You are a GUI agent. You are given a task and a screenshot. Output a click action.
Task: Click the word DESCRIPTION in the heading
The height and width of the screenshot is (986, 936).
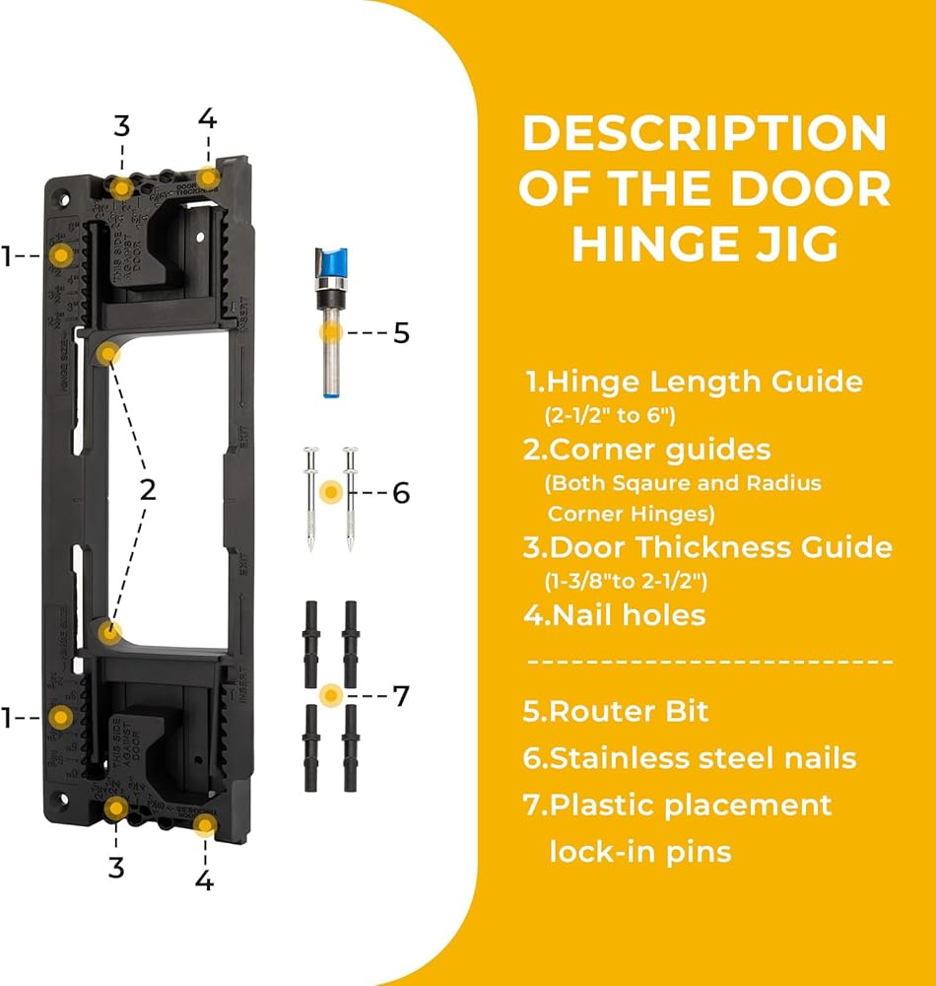pos(703,134)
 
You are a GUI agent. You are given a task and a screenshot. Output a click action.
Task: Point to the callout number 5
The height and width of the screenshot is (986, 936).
pos(401,333)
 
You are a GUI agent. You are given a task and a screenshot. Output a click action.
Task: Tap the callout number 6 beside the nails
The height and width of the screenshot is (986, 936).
pos(401,492)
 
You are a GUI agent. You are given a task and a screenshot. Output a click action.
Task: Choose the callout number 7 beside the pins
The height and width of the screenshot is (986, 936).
pos(401,696)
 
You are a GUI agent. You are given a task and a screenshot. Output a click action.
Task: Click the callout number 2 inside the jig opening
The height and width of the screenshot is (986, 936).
pos(147,490)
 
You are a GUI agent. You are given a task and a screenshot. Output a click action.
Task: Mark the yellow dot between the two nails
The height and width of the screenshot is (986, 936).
pos(332,490)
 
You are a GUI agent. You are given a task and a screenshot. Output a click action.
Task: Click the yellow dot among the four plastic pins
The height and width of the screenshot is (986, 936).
pos(331,695)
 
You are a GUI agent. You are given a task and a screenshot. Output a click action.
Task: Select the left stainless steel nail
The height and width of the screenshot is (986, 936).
pos(311,498)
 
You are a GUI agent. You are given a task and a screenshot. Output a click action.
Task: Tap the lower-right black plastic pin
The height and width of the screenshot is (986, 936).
pos(349,749)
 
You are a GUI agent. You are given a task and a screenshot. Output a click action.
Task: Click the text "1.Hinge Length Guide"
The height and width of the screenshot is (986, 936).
pos(693,382)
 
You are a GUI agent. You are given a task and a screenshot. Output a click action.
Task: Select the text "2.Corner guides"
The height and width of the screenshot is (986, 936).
pos(647,451)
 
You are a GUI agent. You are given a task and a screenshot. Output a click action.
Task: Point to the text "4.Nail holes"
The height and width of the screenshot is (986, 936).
pos(614,616)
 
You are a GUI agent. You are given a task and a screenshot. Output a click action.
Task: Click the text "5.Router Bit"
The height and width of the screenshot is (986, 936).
pos(615,711)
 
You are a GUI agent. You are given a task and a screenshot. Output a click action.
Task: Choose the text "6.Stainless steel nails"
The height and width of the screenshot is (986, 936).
pos(689,758)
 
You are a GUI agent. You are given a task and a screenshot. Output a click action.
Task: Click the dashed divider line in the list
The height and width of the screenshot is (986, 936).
pos(709,662)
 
